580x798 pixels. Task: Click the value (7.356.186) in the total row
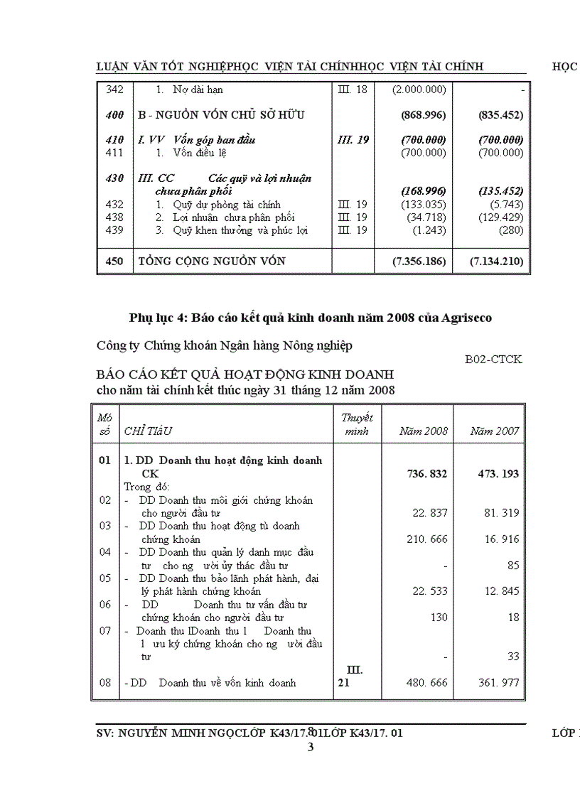point(419,261)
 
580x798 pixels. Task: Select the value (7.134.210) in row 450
point(497,261)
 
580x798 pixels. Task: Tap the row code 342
point(114,90)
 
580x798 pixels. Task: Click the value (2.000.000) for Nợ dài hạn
point(419,90)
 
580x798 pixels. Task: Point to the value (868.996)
point(424,115)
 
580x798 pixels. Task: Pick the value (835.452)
point(501,115)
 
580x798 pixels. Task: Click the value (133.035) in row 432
point(424,205)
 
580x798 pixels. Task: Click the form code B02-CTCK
point(493,360)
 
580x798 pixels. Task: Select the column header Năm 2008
point(424,431)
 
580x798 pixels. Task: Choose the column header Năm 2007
point(495,431)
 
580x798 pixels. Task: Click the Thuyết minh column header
point(357,424)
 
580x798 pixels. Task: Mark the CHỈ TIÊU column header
point(149,431)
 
